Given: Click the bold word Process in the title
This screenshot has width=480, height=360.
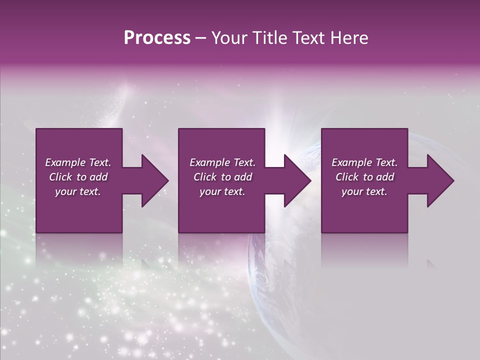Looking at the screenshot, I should [x=157, y=38].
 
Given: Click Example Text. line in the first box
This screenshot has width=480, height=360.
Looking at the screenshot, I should [x=78, y=162].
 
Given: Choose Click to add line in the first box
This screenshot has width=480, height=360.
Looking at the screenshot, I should [x=78, y=177].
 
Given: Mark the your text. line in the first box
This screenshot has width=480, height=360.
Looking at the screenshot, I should [x=78, y=191].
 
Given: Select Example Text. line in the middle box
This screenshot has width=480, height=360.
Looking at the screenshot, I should [x=222, y=162].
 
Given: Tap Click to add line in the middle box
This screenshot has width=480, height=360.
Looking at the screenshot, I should [x=222, y=177].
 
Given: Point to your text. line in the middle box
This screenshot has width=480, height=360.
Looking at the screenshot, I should [x=222, y=191].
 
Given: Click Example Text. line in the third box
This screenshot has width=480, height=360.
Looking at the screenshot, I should [x=364, y=162].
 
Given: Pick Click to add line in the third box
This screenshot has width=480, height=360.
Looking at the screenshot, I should [x=364, y=177].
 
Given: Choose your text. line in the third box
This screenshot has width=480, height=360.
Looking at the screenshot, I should [x=364, y=191].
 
